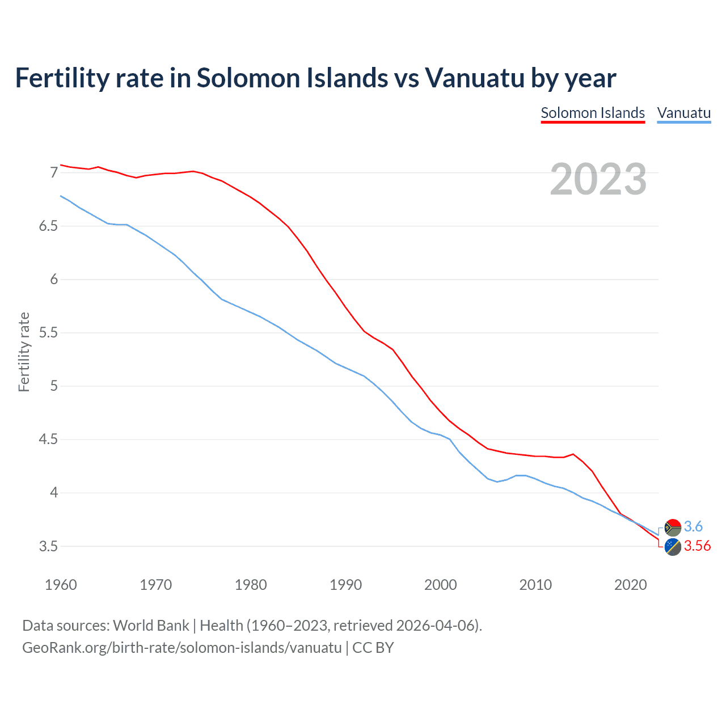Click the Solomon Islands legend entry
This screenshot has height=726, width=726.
(x=593, y=113)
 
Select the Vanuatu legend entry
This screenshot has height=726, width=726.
(x=683, y=113)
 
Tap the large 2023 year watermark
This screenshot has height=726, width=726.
(x=598, y=179)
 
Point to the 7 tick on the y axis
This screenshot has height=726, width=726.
(x=54, y=172)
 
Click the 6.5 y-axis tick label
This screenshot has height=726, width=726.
(x=49, y=226)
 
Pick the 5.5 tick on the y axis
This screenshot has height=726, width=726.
(x=49, y=332)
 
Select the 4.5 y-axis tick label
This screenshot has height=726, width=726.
(x=49, y=440)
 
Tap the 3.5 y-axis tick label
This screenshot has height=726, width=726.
(x=49, y=546)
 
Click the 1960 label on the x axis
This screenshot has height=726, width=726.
(x=61, y=585)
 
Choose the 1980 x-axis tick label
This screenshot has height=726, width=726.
(x=251, y=585)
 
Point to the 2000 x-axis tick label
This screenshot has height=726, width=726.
(x=441, y=585)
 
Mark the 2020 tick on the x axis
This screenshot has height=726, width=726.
(x=630, y=585)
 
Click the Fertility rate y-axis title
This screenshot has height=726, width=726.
(x=24, y=352)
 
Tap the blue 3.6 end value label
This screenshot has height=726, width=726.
(x=693, y=526)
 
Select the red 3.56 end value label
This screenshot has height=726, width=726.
(x=697, y=546)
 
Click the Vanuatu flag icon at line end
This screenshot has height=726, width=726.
(x=673, y=527)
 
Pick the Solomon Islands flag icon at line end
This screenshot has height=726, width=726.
(x=673, y=547)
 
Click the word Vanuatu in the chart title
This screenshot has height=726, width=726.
(x=475, y=78)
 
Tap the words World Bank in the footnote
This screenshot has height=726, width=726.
(x=151, y=625)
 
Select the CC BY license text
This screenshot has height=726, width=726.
(x=373, y=647)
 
